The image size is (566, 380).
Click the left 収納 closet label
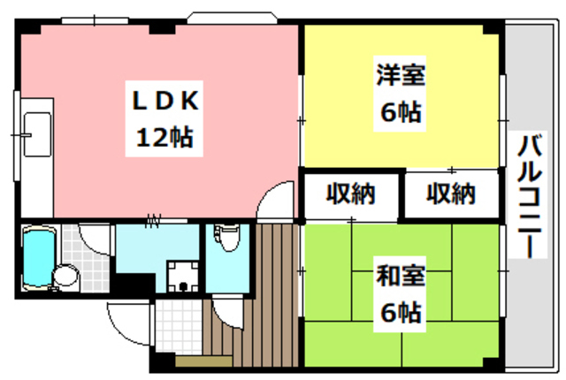(x=351, y=194)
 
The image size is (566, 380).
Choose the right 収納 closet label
(x=451, y=194)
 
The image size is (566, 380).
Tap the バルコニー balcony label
(x=530, y=196)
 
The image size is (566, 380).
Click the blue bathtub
(x=38, y=256)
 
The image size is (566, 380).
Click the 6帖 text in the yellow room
(x=401, y=113)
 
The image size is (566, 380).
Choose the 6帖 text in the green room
(x=401, y=311)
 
